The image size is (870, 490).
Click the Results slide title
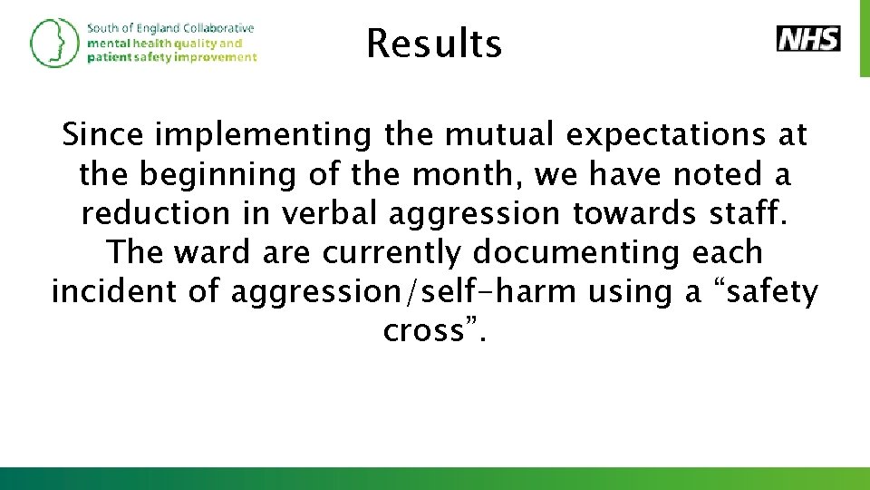click(x=434, y=43)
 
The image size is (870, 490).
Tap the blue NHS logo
click(x=808, y=39)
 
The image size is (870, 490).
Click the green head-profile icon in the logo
click(x=53, y=43)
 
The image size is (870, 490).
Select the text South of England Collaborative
click(x=170, y=28)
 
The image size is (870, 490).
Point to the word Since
click(x=103, y=136)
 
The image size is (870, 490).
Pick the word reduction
click(x=156, y=213)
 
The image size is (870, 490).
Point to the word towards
click(x=627, y=213)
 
